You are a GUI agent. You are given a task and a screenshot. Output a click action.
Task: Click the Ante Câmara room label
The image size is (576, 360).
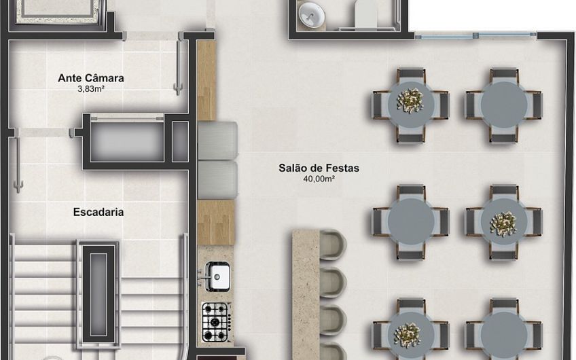coord(91,78)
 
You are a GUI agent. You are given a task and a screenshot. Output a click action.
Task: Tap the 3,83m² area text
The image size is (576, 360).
coord(91,88)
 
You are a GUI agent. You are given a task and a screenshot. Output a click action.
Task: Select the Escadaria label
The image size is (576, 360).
coord(98,212)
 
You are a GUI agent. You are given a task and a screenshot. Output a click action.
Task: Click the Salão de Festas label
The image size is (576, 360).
coord(319,168)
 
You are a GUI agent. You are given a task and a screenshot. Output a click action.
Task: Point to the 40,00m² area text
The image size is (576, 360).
coord(319,179)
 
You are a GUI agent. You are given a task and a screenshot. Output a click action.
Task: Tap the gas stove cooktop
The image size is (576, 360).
coord(216,322)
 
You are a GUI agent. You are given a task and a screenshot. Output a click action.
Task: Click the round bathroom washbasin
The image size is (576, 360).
coord(312,16)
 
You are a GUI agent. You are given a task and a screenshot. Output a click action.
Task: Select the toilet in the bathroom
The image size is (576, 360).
coord(365,14)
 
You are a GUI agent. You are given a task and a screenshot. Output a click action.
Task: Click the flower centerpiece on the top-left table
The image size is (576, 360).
coord(410,100)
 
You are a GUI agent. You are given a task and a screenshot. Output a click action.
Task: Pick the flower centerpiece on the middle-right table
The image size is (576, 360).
coord(503,224)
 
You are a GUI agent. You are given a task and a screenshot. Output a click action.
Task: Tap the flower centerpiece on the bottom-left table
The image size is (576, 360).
coord(408,335)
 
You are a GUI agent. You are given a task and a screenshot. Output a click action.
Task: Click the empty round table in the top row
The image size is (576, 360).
coord(504,105)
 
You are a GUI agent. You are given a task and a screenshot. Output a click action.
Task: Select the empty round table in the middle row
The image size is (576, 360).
coord(411,221)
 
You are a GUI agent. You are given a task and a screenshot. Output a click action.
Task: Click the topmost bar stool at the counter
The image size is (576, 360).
coord(333,245)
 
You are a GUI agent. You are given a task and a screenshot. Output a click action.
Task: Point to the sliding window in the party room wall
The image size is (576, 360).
coord(475,35)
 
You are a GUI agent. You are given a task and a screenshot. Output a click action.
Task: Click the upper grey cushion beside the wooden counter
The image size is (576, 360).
coord(217,141)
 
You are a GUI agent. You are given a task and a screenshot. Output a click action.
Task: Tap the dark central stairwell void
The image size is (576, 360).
coord(98,294)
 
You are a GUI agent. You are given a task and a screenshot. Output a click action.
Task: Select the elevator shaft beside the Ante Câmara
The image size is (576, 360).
coord(127,141)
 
